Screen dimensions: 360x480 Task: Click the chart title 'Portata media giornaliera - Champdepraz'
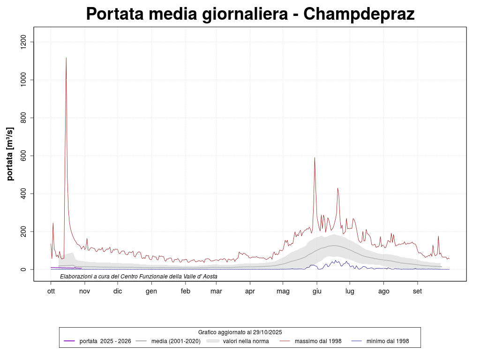tap(250, 14)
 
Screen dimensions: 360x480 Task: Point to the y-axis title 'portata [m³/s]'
tap(10, 154)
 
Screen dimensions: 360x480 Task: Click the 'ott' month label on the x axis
tap(51, 291)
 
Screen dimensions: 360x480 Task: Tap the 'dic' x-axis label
tap(118, 291)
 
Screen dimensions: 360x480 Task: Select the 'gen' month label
tap(151, 291)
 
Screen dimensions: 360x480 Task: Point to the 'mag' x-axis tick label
tap(283, 291)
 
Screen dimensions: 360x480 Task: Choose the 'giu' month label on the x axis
tap(316, 291)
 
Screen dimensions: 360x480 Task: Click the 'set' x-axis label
tap(417, 291)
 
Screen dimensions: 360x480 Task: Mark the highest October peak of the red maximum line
tap(66, 58)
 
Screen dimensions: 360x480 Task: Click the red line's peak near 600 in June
tap(315, 158)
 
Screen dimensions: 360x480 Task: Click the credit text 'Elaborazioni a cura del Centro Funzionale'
tap(139, 277)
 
